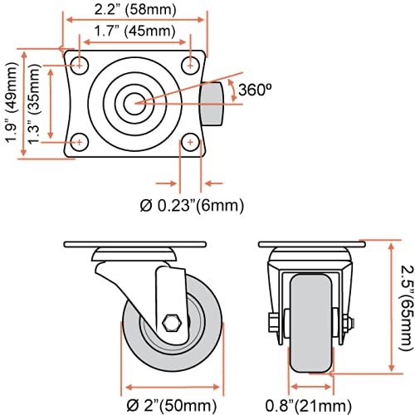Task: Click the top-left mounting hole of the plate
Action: point(80,63)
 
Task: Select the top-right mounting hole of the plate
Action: point(191,63)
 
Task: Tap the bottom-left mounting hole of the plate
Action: point(80,143)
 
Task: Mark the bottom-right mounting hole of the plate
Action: point(191,143)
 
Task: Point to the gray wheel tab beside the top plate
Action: point(213,103)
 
